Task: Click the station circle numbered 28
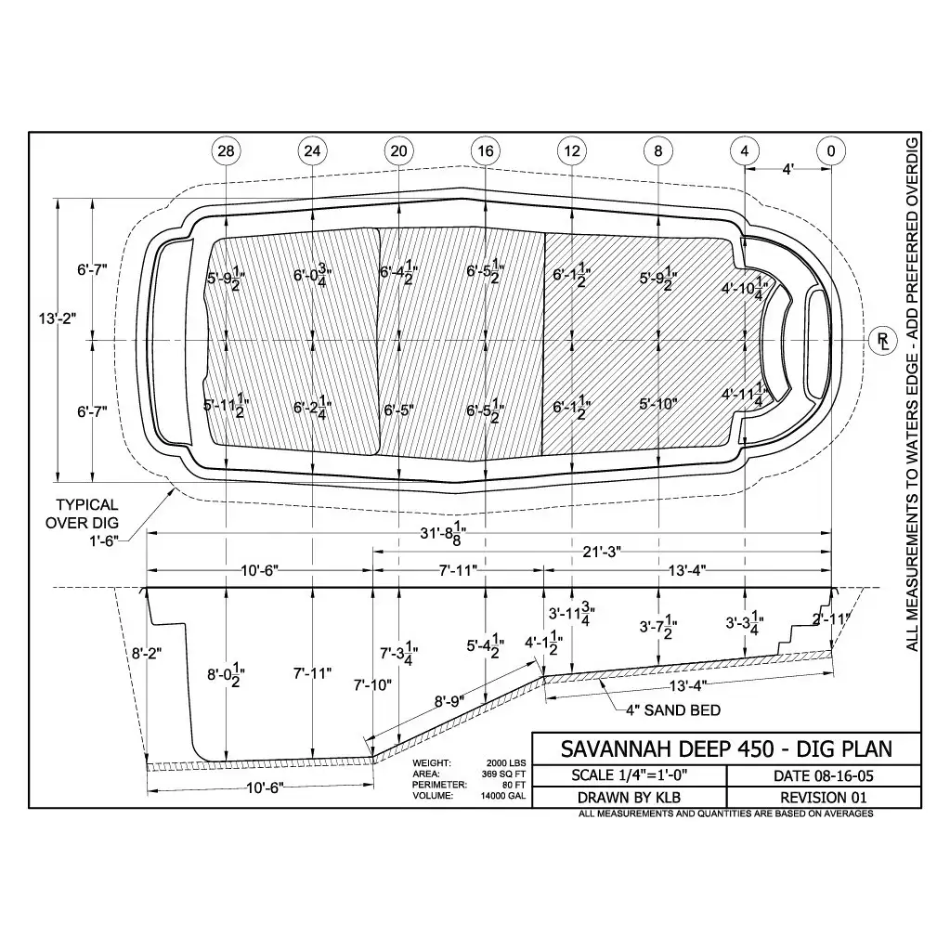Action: (x=226, y=150)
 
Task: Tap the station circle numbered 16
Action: (x=486, y=150)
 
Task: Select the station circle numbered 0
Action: (x=830, y=150)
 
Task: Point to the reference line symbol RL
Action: (x=883, y=341)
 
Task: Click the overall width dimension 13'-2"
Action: (x=58, y=319)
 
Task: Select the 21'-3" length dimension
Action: (x=601, y=552)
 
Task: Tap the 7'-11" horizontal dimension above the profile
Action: (x=458, y=570)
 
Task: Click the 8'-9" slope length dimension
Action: (x=449, y=701)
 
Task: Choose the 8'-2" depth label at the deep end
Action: (x=147, y=653)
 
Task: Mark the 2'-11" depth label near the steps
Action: (x=832, y=618)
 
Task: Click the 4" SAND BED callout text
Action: (x=673, y=710)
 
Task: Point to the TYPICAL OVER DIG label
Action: (x=85, y=514)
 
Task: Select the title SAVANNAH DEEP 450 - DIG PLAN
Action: (x=726, y=748)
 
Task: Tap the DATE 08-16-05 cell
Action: (x=824, y=776)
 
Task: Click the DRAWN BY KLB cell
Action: (x=629, y=798)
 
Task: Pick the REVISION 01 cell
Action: (x=824, y=798)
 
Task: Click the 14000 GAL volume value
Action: (x=503, y=796)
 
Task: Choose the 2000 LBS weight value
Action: (x=506, y=762)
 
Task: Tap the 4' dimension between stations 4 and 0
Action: (x=787, y=170)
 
